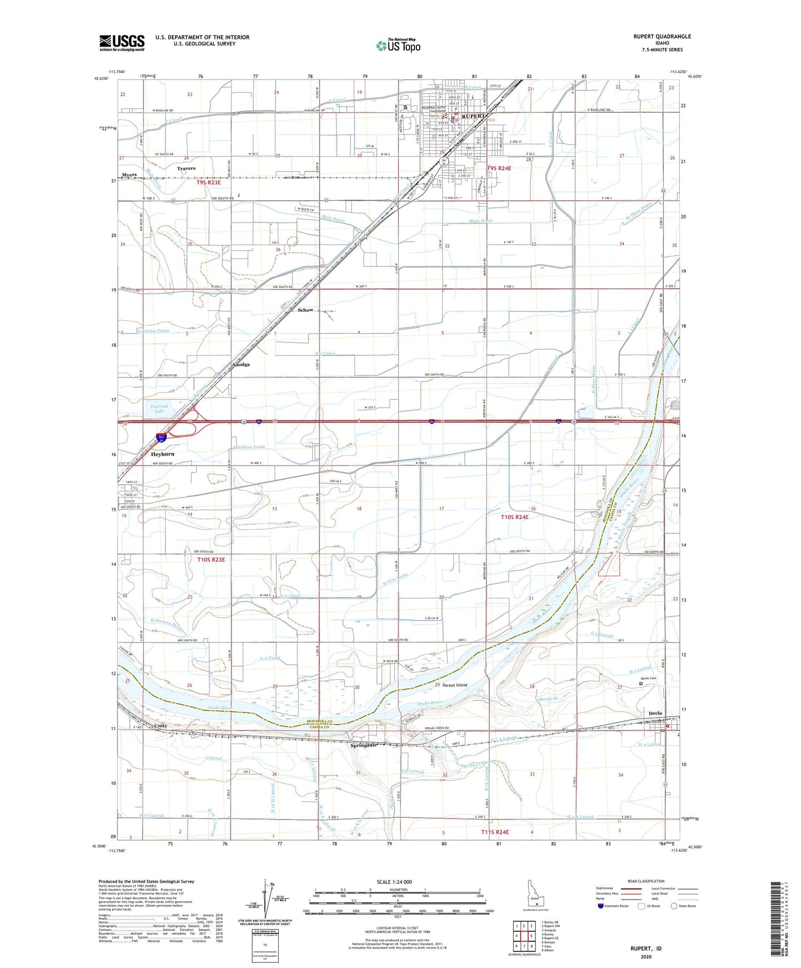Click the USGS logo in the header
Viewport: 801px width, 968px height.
coord(122,43)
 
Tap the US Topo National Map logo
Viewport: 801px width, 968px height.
coord(398,45)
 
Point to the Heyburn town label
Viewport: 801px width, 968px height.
coord(162,454)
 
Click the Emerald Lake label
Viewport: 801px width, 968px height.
coord(159,408)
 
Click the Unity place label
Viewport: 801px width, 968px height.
coord(161,726)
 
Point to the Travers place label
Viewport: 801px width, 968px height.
coord(186,168)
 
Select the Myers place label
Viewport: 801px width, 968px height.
coord(129,175)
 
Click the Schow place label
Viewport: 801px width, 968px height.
coord(305,310)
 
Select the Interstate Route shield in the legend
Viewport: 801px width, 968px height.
coord(601,906)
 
